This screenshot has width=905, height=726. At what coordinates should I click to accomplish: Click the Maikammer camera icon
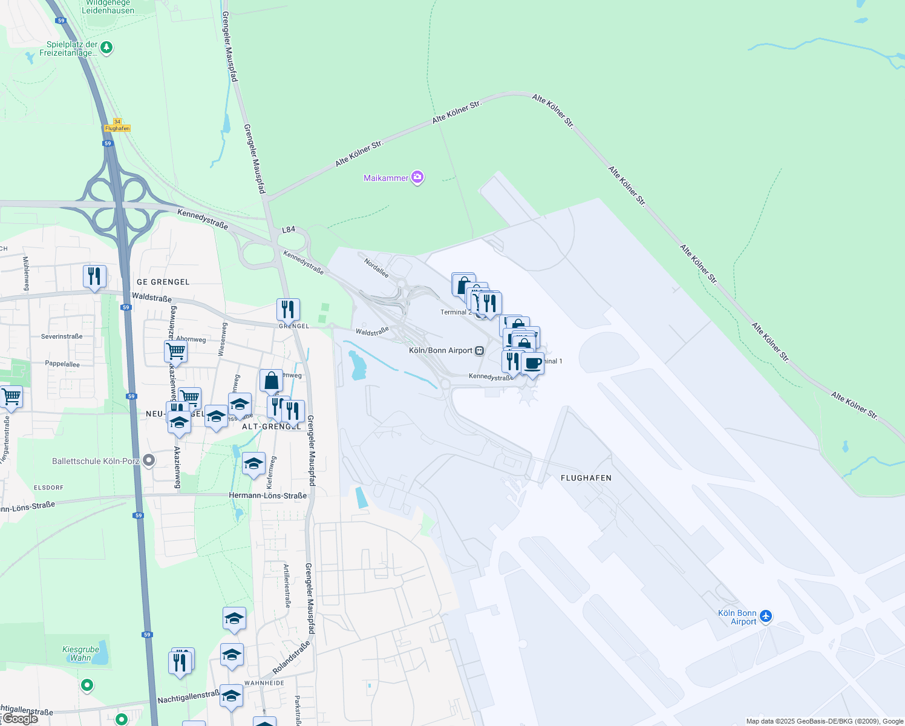(x=417, y=177)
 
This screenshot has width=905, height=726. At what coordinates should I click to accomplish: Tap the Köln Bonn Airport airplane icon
(x=766, y=616)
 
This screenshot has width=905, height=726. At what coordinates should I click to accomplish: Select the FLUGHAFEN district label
(x=586, y=478)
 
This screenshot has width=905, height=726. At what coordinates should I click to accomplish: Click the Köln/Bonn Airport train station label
(x=440, y=350)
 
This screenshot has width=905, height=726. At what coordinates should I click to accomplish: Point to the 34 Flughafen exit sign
(x=117, y=125)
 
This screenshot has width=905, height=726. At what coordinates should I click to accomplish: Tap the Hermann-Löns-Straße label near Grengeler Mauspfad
(x=267, y=495)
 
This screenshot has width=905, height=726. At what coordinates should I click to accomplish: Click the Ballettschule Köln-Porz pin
(x=148, y=461)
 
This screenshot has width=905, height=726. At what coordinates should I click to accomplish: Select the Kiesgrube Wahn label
(x=80, y=654)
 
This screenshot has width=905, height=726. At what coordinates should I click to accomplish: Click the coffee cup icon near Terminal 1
(x=533, y=364)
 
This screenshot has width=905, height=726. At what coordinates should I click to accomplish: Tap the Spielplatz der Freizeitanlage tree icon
(x=106, y=47)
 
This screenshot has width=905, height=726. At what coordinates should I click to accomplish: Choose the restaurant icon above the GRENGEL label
(x=288, y=309)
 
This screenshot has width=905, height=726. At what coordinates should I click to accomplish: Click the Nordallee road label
(x=376, y=267)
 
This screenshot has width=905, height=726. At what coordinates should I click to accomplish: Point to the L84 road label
(x=289, y=229)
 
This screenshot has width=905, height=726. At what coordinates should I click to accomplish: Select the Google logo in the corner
(x=20, y=719)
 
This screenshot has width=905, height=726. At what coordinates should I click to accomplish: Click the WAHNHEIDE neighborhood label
(x=264, y=683)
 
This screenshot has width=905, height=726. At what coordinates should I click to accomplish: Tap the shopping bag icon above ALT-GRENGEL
(x=272, y=381)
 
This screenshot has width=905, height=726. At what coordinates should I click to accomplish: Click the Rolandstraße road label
(x=291, y=658)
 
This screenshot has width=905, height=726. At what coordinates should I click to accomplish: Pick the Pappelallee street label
(x=62, y=364)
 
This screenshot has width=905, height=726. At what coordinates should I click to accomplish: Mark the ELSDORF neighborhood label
(x=48, y=488)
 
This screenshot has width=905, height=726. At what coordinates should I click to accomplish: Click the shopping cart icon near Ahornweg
(x=175, y=350)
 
